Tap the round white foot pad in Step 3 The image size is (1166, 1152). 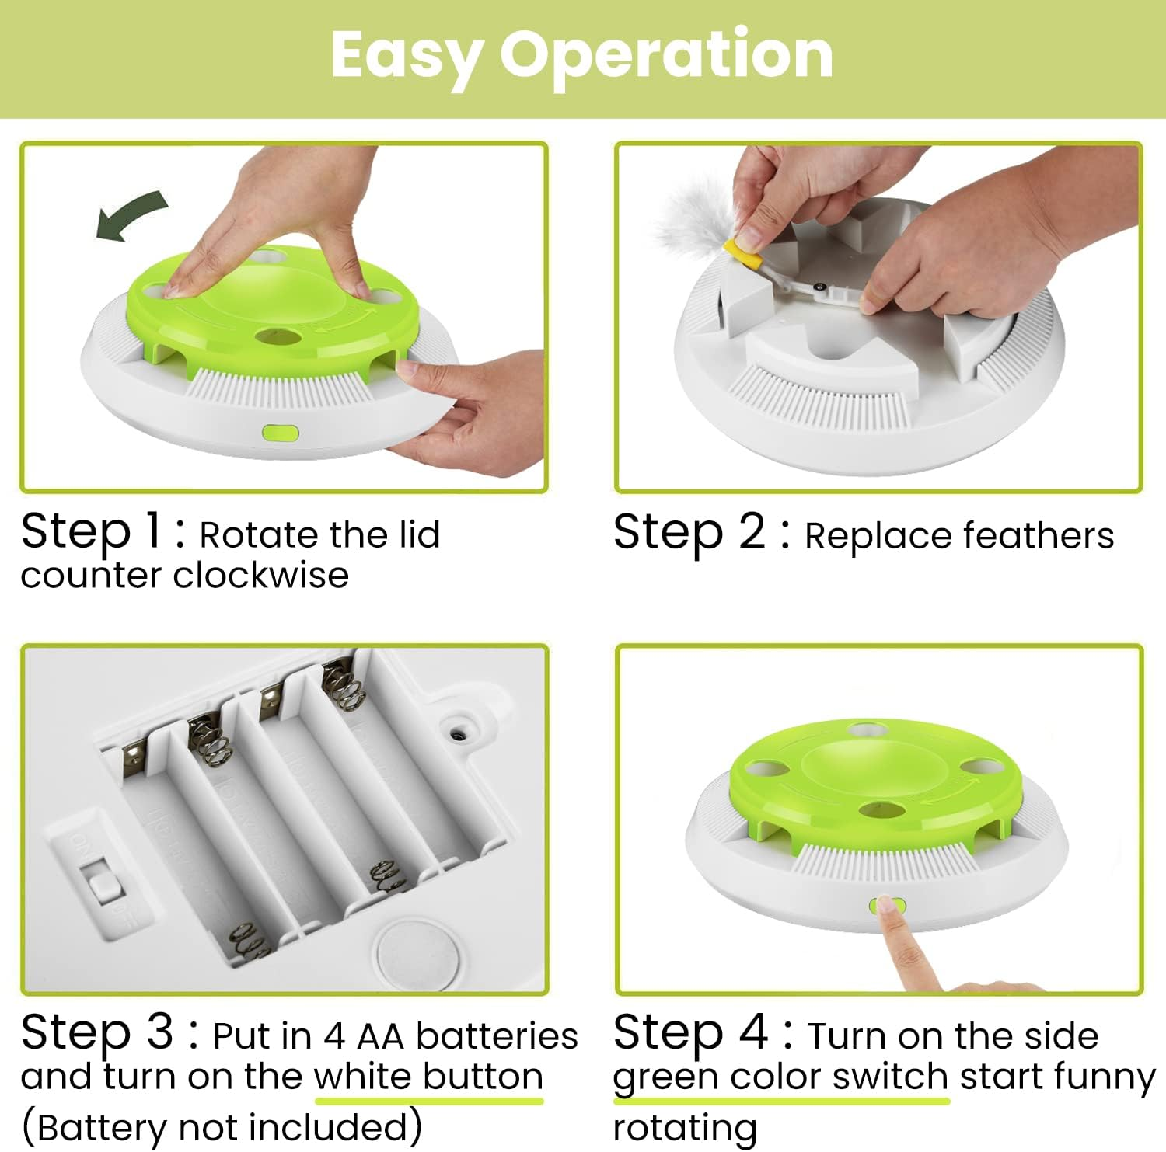413,953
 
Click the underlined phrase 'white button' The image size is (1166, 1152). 428,1077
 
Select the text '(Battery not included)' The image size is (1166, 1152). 222,1126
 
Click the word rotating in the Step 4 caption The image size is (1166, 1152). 684,1126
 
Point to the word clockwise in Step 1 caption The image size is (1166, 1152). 260,576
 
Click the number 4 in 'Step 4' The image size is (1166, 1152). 753,1032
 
